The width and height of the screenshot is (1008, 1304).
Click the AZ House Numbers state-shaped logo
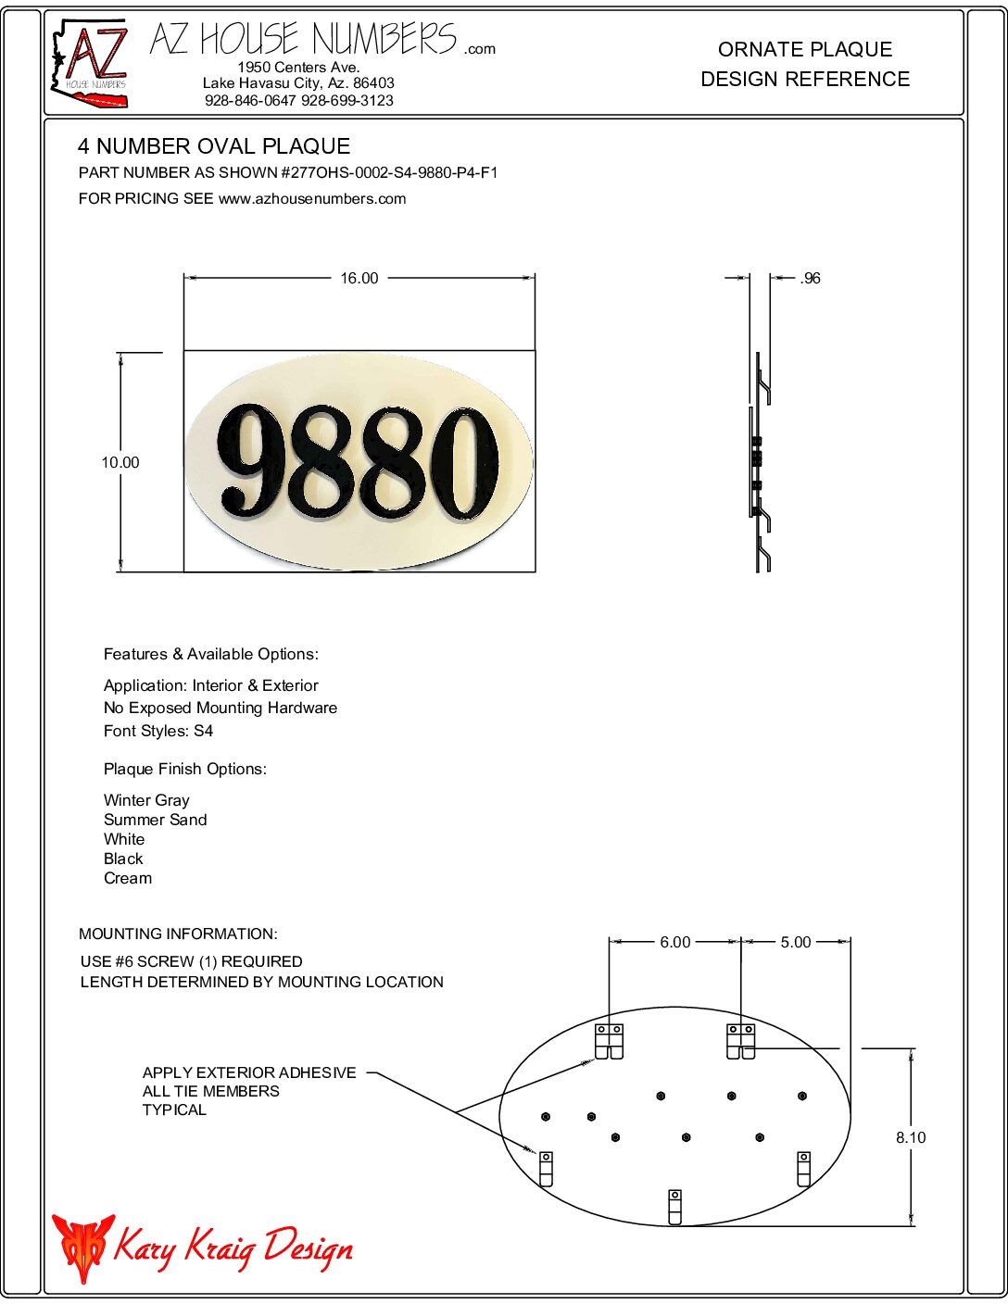point(89,63)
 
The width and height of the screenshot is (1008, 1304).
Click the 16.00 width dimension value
point(359,278)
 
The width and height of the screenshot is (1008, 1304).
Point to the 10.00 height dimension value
point(120,462)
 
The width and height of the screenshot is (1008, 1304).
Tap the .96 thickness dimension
point(810,278)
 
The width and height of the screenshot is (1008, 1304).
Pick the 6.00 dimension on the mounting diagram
point(674,942)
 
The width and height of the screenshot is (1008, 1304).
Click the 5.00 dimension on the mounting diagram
point(795,942)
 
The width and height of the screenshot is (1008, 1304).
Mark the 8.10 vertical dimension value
point(910,1137)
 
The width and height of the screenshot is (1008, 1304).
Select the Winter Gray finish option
point(146,800)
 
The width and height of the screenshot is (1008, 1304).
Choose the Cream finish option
point(128,878)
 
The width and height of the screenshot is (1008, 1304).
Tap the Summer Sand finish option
point(155,820)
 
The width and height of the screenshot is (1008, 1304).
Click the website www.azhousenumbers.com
point(312,198)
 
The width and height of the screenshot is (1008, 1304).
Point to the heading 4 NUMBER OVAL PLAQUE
point(214,146)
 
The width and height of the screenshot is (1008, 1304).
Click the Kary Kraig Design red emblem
point(82,1247)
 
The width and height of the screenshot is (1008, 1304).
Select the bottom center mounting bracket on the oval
point(675,1206)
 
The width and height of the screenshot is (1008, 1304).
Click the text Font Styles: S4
point(158,731)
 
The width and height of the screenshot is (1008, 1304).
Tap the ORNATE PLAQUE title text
point(805,49)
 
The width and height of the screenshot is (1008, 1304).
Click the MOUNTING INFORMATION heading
point(178,934)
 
